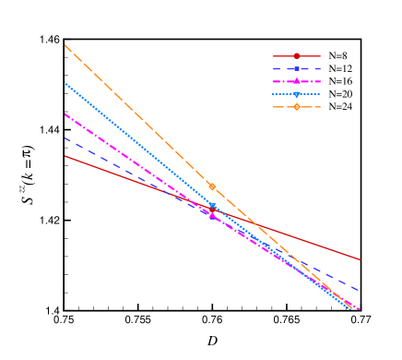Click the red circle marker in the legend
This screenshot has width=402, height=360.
(x=297, y=56)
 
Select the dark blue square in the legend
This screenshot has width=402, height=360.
(x=297, y=68)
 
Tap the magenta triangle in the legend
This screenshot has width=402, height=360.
(x=297, y=81)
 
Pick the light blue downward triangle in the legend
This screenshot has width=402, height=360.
(x=297, y=94)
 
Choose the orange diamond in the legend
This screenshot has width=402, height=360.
(x=297, y=107)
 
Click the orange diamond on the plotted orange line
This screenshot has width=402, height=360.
(x=212, y=186)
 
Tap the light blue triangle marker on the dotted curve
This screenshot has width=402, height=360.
(x=212, y=206)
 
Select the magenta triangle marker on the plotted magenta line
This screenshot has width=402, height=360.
(x=212, y=214)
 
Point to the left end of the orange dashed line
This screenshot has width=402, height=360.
(x=65, y=45)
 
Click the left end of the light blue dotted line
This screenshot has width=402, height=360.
(x=65, y=83)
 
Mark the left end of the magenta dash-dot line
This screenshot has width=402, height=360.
(x=65, y=114)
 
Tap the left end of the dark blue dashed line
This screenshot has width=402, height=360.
(x=65, y=138)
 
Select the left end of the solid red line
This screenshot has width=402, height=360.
(x=65, y=156)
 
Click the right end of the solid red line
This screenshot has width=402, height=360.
(x=360, y=259)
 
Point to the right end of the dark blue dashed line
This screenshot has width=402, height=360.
(x=360, y=291)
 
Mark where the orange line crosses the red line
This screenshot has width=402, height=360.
(x=257, y=224)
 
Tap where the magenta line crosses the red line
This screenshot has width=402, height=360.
(x=183, y=198)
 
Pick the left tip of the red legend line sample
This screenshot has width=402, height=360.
(x=274, y=56)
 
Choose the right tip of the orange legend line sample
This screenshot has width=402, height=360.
(x=320, y=107)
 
